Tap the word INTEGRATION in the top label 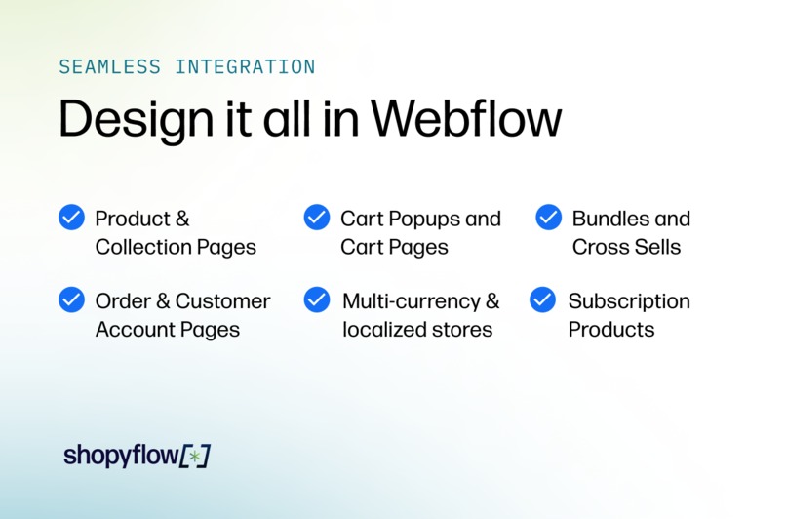click(x=245, y=67)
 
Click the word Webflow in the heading click(x=466, y=119)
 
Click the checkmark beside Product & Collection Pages click(x=72, y=218)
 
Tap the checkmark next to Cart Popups click(x=317, y=218)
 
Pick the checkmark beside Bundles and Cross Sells click(x=549, y=218)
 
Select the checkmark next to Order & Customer click(x=72, y=299)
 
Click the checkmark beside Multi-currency click(x=317, y=299)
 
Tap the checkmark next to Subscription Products click(x=543, y=299)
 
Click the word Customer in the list click(x=222, y=301)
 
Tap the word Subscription click(x=629, y=301)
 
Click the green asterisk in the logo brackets click(x=195, y=456)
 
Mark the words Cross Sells click(x=626, y=247)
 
